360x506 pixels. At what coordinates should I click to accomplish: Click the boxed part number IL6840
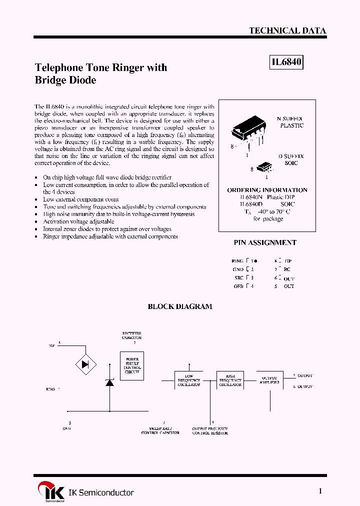point(287,62)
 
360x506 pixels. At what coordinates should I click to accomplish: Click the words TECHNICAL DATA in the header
point(287,30)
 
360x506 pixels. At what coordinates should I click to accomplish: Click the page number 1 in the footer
point(320,491)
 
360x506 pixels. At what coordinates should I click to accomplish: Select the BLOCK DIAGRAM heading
point(180,306)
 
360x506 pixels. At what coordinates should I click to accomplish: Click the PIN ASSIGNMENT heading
point(265,242)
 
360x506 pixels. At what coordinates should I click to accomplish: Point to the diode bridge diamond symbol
point(85,363)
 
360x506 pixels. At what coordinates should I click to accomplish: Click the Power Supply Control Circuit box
point(132,365)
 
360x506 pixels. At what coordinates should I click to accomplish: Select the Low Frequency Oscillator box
point(188,380)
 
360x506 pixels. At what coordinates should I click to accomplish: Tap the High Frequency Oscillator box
point(230,380)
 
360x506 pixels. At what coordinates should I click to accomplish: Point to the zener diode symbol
point(109,382)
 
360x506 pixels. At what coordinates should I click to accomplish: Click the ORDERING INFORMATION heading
point(267,190)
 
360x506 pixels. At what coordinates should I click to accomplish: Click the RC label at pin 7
point(287,269)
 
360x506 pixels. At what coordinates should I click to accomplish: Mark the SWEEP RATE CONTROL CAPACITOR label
point(160,431)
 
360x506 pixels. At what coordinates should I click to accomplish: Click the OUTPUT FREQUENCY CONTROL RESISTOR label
point(210,431)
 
